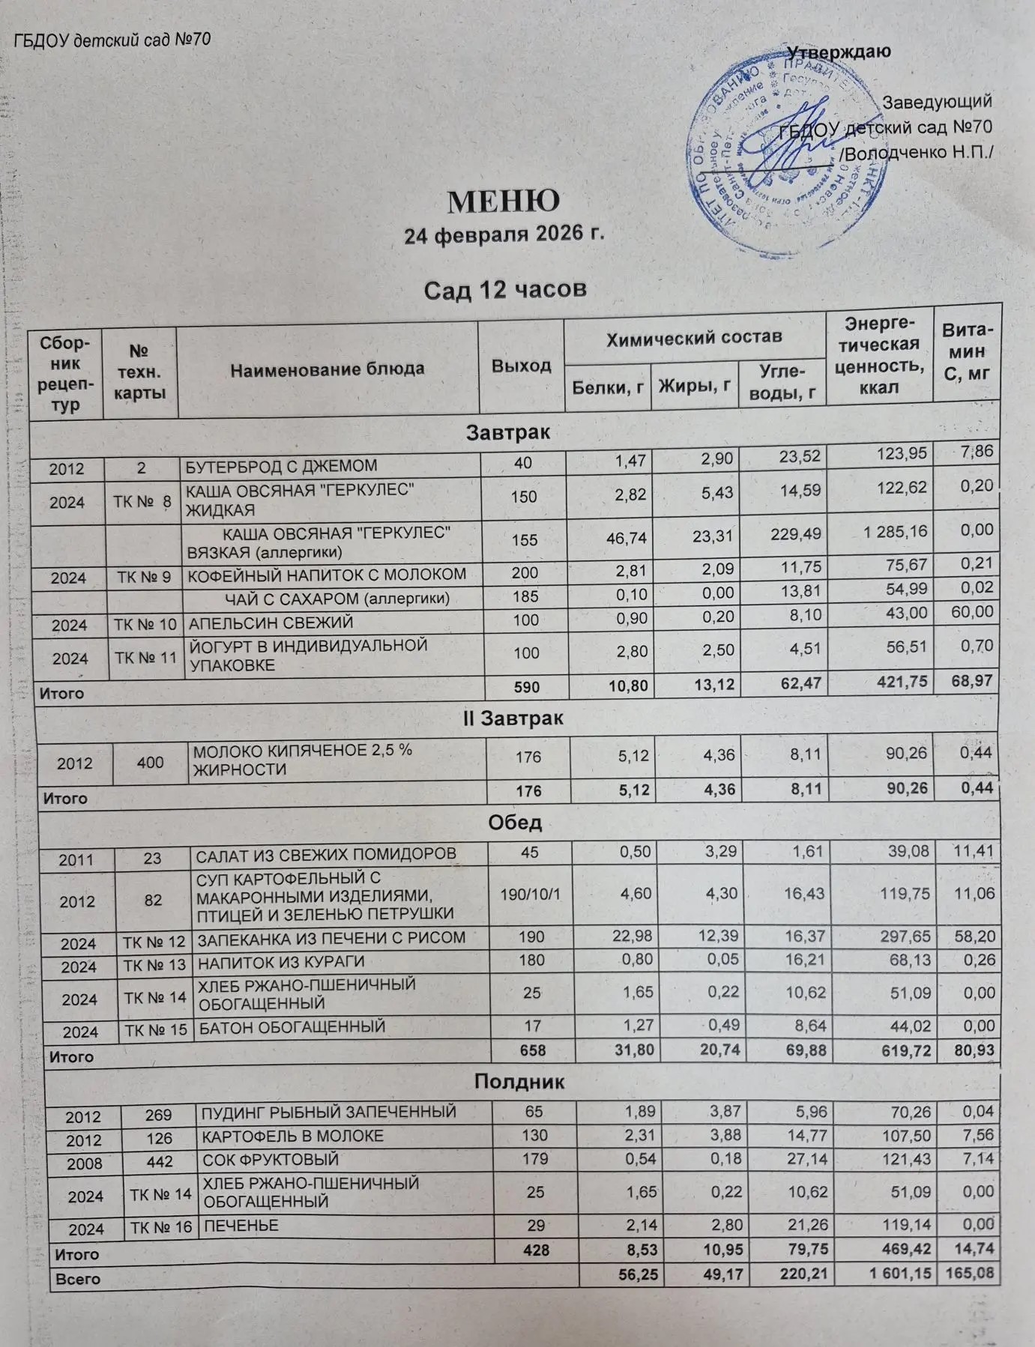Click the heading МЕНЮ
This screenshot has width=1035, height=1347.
click(504, 201)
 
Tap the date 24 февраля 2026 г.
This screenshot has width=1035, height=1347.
click(504, 234)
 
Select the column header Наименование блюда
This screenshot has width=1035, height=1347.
click(328, 369)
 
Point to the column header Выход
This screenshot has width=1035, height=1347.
click(521, 366)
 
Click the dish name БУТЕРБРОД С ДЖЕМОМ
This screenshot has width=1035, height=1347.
click(281, 466)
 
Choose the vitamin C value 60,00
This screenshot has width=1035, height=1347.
click(972, 612)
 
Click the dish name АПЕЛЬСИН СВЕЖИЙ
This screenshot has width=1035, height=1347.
click(270, 623)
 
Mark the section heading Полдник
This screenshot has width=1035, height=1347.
click(519, 1082)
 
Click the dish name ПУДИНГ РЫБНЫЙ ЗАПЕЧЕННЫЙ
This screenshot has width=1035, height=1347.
click(329, 1112)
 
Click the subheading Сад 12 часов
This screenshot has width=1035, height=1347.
click(504, 289)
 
